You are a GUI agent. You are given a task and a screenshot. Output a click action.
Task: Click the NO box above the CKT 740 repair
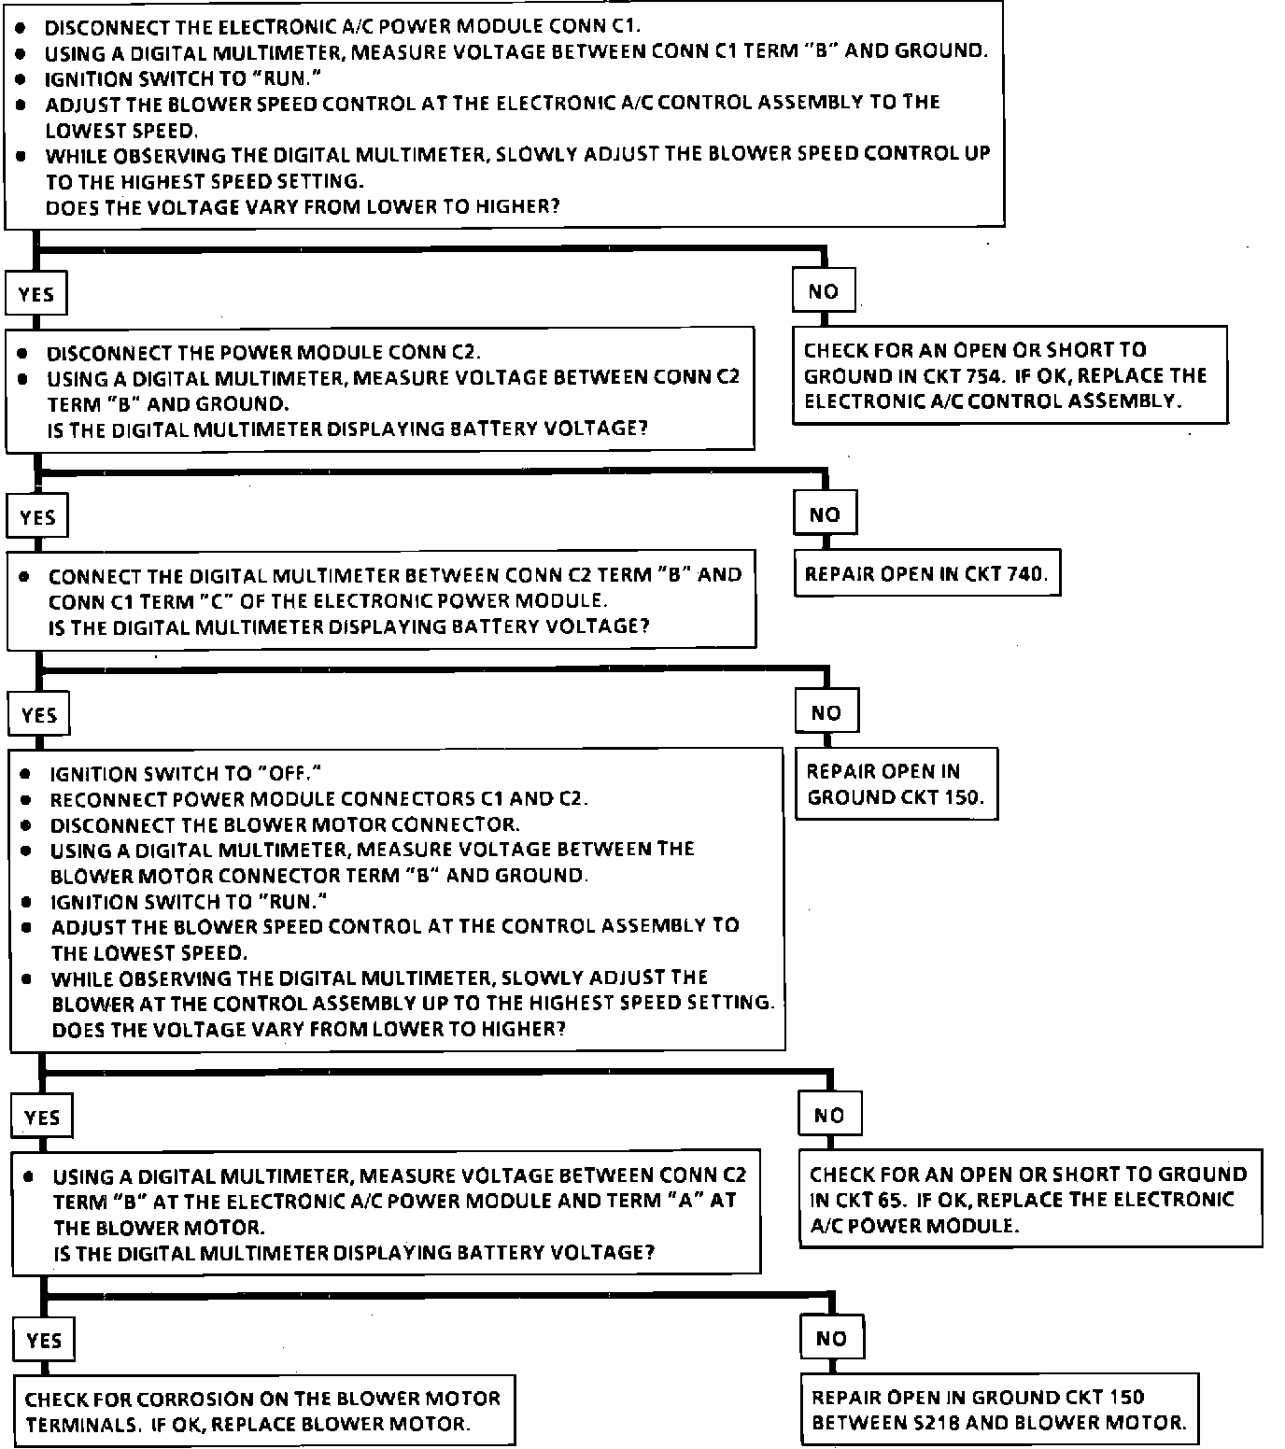(825, 513)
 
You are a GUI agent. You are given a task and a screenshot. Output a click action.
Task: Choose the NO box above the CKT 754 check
(823, 291)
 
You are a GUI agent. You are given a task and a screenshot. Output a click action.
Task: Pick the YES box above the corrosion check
(44, 1341)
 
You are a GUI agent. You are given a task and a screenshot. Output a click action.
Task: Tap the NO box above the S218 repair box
(830, 1338)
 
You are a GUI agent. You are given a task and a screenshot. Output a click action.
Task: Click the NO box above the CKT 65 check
(829, 1115)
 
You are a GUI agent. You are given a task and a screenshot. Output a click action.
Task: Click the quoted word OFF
(289, 774)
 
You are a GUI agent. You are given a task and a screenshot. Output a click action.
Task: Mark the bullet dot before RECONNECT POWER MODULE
(28, 800)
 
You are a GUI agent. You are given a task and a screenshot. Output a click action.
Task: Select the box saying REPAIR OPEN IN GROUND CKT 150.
(896, 783)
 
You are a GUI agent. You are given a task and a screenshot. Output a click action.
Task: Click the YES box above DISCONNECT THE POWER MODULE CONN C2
(36, 294)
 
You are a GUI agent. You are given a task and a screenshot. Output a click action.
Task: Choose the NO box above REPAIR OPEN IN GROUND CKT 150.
(826, 712)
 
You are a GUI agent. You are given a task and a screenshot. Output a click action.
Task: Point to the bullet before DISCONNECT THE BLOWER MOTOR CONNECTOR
(28, 825)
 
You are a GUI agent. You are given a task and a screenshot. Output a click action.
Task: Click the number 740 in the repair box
(1025, 573)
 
